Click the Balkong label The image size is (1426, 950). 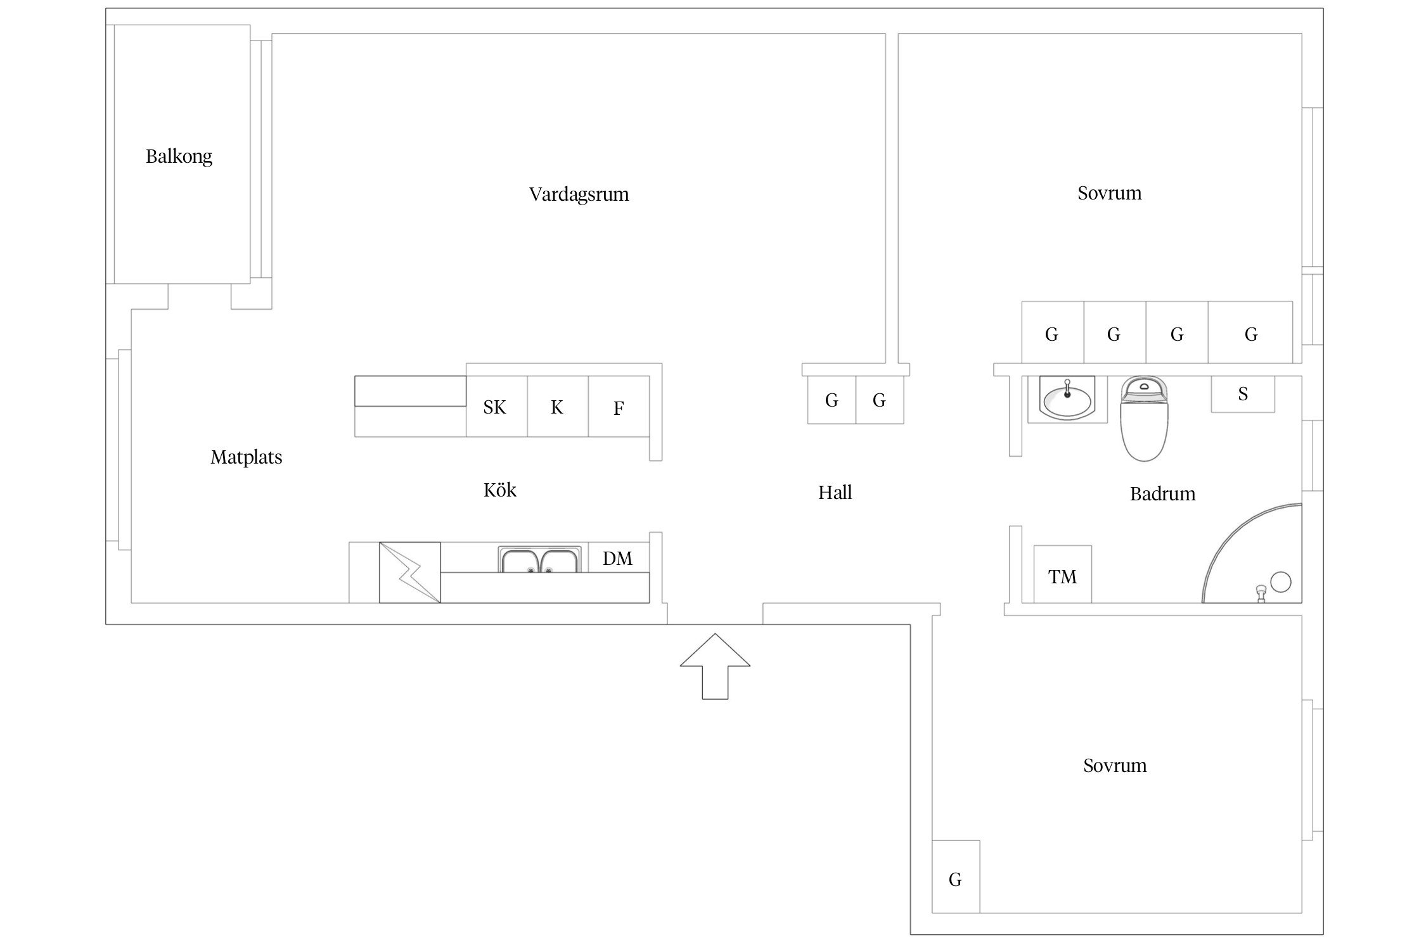(x=179, y=156)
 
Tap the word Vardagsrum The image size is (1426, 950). (x=579, y=194)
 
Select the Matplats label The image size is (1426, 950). (x=246, y=457)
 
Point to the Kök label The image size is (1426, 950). (x=499, y=490)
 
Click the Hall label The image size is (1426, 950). (x=835, y=492)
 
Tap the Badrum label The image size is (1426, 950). (x=1162, y=493)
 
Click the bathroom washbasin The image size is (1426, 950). (x=1067, y=399)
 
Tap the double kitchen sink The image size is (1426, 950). (x=539, y=560)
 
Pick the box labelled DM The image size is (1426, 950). (x=618, y=558)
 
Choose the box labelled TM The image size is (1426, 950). (x=1062, y=575)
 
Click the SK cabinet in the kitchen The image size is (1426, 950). (x=496, y=407)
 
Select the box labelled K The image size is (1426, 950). (x=557, y=407)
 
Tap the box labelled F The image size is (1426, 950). (x=619, y=407)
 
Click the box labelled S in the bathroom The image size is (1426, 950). (x=1242, y=394)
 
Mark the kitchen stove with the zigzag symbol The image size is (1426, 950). (x=409, y=572)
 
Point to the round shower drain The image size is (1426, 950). (x=1280, y=581)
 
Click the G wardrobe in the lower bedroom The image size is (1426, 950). (x=955, y=878)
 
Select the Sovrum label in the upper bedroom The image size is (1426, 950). (x=1109, y=193)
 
